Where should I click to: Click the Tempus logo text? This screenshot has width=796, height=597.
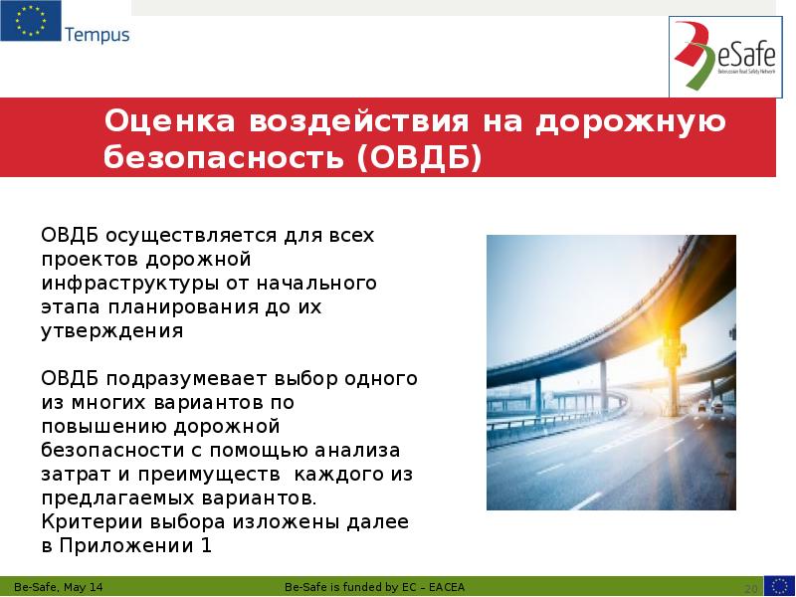pyautogui.click(x=97, y=35)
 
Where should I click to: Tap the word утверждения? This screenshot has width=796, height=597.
pyautogui.click(x=111, y=331)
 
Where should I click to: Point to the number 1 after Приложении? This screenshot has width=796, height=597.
pyautogui.click(x=207, y=545)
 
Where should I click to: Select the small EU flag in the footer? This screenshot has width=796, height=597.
pyautogui.click(x=778, y=585)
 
